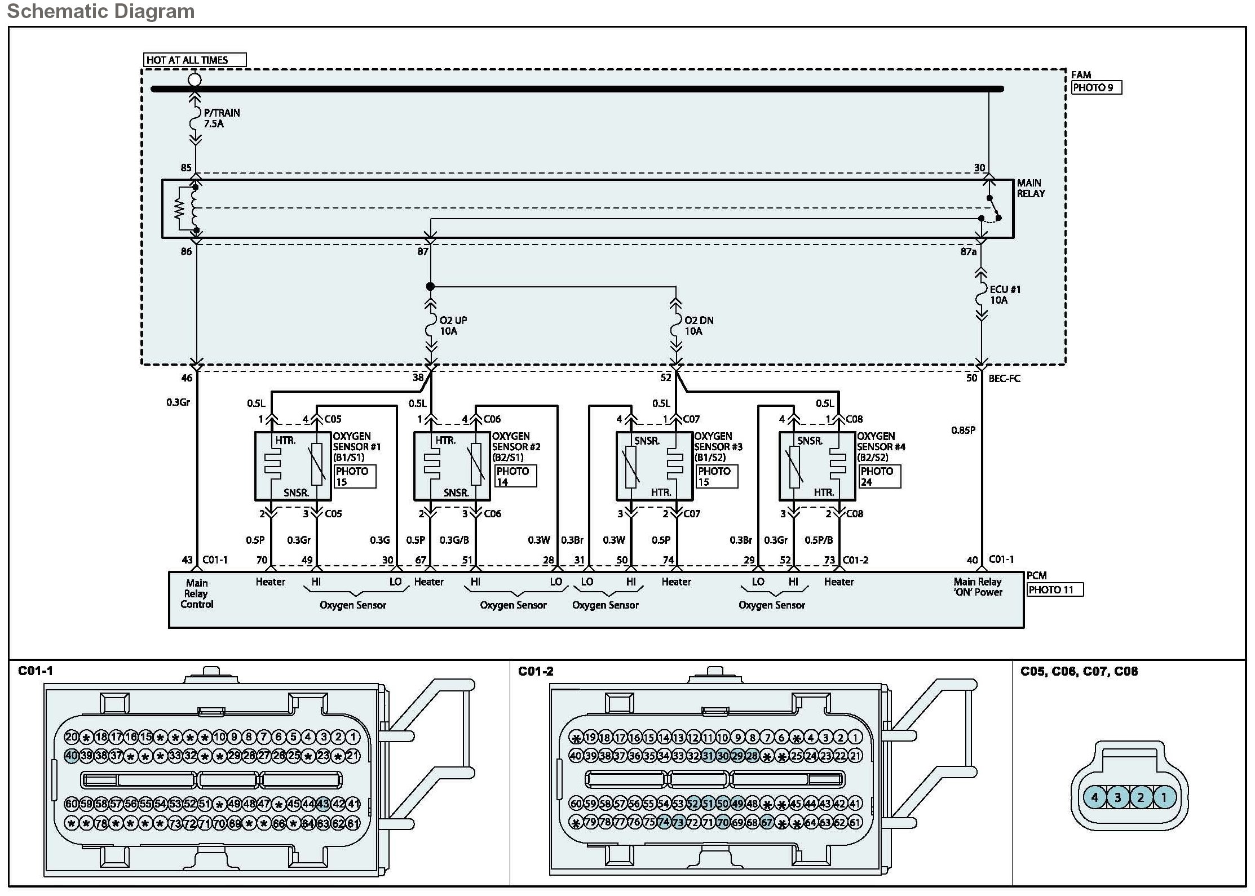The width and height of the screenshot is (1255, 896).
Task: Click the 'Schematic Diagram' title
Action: coord(100,11)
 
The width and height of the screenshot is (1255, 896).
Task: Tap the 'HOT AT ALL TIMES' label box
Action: coord(195,60)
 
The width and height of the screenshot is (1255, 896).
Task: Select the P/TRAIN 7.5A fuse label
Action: coord(221,118)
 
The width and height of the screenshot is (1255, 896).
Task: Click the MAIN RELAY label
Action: coord(1031,188)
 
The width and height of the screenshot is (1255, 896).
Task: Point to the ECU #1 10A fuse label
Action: coord(1005,295)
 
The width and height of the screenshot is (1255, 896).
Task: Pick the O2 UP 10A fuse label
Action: coord(453,326)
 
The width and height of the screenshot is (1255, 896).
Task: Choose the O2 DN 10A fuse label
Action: coord(699,326)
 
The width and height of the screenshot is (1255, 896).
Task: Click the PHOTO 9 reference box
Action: coord(1095,88)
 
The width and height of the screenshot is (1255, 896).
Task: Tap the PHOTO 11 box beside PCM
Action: coord(1054,590)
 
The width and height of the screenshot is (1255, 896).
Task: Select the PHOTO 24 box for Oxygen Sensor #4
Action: coord(879,477)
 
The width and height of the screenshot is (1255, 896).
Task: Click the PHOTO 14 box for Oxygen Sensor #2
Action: coord(515,477)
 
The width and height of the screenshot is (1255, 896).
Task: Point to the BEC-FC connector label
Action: coord(1004,379)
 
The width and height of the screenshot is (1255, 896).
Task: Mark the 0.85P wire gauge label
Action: coord(963,431)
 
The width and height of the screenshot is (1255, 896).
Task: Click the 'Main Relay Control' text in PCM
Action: coord(196,593)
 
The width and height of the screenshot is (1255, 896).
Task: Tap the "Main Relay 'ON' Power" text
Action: coord(978,587)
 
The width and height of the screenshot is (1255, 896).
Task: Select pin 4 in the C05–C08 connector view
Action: coord(1094,797)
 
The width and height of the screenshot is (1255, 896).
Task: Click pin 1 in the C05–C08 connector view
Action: coord(1164,797)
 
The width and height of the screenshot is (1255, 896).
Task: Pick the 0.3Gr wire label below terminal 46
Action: coord(178,402)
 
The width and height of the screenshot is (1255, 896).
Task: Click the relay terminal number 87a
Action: coord(968,252)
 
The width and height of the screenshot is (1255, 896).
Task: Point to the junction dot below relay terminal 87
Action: coord(430,287)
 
